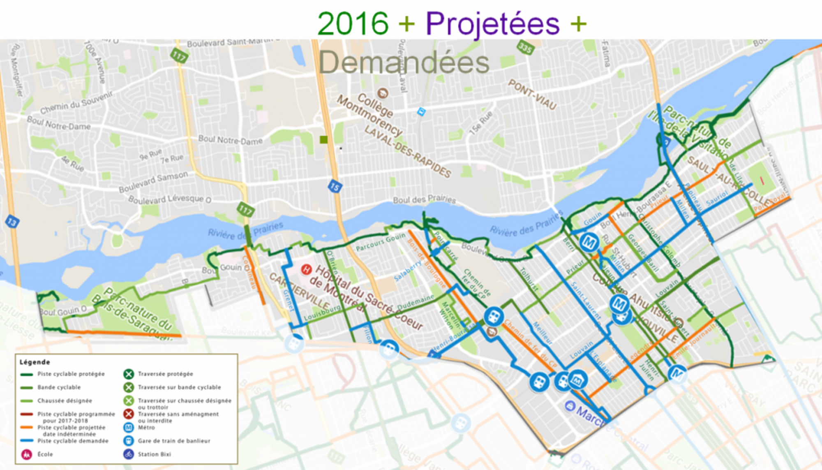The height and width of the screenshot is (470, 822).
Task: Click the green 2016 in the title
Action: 353,24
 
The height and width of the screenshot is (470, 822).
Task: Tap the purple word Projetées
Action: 492,24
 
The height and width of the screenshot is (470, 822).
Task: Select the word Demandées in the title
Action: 404,63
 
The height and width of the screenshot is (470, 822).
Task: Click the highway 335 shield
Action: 525,48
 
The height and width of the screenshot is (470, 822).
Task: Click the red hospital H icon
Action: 306,270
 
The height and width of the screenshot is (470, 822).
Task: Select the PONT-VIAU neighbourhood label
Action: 532,95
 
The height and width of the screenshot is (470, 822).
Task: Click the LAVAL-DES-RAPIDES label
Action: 408,152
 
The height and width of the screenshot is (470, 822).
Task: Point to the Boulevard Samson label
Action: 153,182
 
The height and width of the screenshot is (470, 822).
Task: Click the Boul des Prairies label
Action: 424,199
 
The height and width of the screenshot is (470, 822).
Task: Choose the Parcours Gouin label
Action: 380,242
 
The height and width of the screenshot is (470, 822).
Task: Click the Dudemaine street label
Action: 416,302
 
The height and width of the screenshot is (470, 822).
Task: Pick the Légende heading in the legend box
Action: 35,362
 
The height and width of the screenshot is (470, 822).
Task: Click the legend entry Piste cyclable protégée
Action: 71,374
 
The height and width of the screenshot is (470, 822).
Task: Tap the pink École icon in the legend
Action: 27,454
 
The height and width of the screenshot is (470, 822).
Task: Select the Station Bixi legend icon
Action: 129,454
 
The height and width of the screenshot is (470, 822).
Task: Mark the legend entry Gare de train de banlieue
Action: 174,441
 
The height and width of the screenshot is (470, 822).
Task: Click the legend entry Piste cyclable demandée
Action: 73,441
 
